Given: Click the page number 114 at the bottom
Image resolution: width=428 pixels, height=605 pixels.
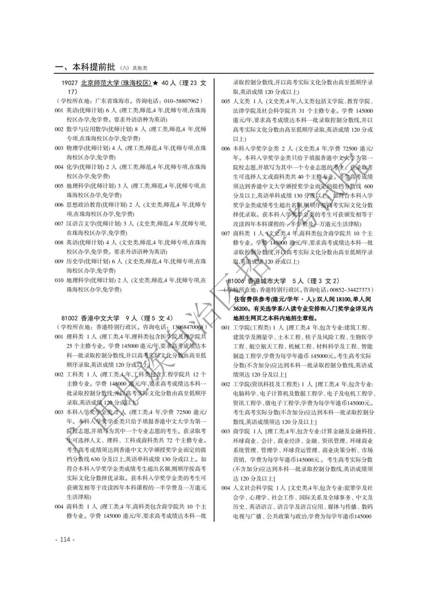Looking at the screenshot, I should pos(65,539).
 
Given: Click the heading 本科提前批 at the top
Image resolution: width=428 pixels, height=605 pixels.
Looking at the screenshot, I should pos(94,67).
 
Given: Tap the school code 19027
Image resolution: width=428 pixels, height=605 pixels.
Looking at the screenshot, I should pos(69,83).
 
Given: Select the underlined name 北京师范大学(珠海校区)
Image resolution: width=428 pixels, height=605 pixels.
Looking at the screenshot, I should pos(116,83).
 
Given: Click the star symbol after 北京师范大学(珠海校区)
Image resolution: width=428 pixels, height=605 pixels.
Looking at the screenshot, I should pos(155,83).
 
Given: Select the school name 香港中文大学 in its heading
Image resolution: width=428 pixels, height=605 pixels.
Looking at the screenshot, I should pos(100,318).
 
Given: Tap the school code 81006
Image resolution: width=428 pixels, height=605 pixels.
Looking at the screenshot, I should pos(235,281).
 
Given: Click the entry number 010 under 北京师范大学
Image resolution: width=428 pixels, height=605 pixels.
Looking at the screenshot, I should pos(59,280).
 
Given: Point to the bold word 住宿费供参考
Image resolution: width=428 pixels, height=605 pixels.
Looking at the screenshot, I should pos(252,300).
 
